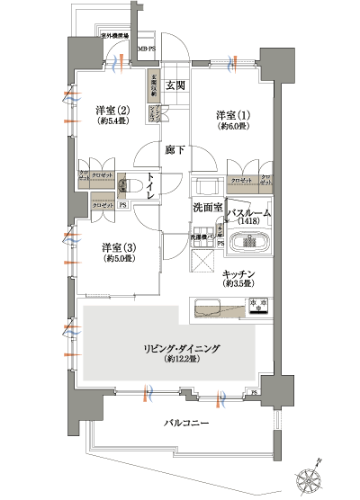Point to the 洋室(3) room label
(117, 246)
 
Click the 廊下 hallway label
(175, 149)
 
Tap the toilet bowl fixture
(127, 186)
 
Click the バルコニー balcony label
(187, 421)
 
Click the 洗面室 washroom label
(207, 208)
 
